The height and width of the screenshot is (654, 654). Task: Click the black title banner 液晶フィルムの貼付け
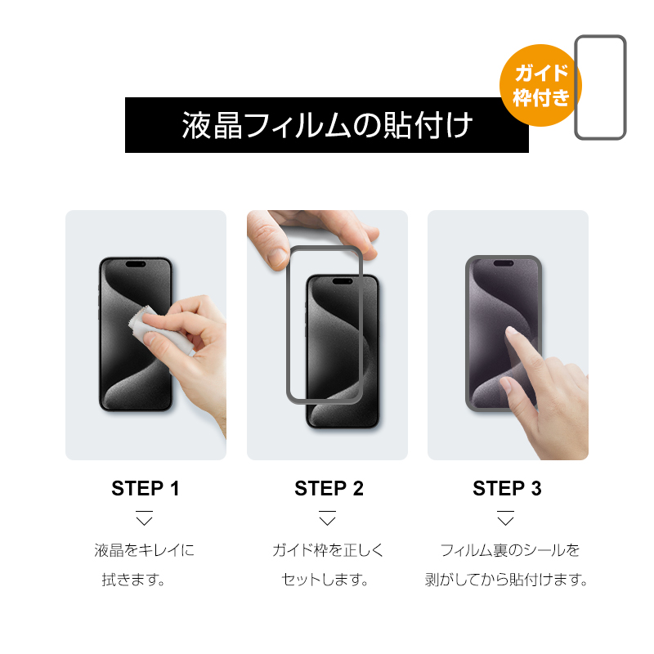pyautogui.click(x=326, y=125)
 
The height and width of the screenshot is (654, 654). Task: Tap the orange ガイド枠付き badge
pyautogui.click(x=540, y=85)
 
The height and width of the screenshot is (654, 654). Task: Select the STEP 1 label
pyautogui.click(x=146, y=488)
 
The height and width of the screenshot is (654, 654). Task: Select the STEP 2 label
pyautogui.click(x=329, y=488)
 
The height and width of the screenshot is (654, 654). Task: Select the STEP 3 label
pyautogui.click(x=507, y=488)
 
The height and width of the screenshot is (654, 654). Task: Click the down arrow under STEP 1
pyautogui.click(x=145, y=518)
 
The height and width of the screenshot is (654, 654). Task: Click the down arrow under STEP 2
pyautogui.click(x=328, y=518)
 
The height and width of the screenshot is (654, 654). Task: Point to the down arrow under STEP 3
pyautogui.click(x=505, y=518)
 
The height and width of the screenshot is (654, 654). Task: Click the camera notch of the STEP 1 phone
pyautogui.click(x=136, y=264)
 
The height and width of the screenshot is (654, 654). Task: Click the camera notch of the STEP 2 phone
pyautogui.click(x=343, y=281)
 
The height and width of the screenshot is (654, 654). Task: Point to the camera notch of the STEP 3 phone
pyautogui.click(x=504, y=263)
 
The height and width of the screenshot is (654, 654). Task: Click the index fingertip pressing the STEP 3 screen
pyautogui.click(x=511, y=332)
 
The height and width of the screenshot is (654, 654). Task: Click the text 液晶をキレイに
pyautogui.click(x=145, y=550)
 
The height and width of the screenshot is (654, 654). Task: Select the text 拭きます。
pyautogui.click(x=133, y=580)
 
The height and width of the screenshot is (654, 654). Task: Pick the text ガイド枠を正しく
pyautogui.click(x=328, y=550)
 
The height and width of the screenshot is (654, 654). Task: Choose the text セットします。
pyautogui.click(x=325, y=580)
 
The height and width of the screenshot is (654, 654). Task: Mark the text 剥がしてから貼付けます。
pyautogui.click(x=506, y=580)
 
